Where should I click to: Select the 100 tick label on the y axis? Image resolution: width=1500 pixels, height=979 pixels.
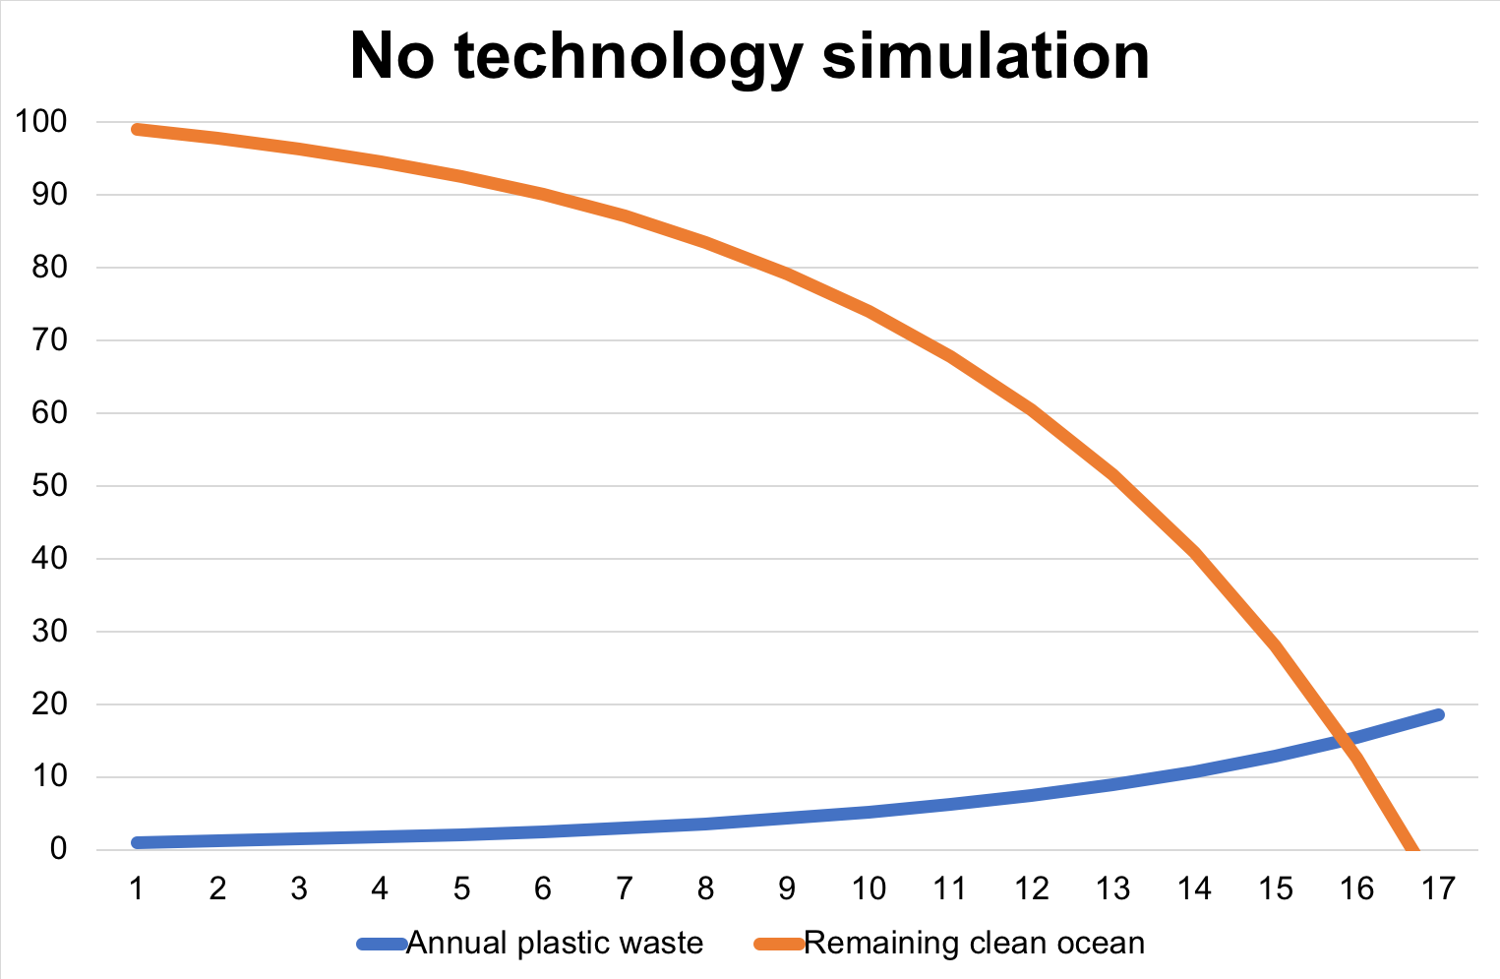point(40,123)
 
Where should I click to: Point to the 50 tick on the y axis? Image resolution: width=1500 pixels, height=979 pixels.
point(48,486)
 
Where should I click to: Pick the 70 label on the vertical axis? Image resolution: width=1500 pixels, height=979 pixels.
point(48,340)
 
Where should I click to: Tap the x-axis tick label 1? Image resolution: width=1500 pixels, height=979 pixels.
point(137,889)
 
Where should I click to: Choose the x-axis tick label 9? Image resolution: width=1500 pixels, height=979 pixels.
point(787,889)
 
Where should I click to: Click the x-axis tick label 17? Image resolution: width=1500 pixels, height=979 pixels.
point(1438,889)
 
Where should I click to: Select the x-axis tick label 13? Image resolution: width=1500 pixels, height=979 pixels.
point(1112,889)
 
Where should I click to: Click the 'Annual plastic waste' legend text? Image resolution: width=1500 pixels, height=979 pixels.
point(555,944)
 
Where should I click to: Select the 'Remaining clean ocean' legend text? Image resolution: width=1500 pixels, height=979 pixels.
point(974,944)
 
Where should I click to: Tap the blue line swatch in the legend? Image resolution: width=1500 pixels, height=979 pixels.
point(382,945)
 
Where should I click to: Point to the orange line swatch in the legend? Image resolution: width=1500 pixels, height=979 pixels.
point(779,945)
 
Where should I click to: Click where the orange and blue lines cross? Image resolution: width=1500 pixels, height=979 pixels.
point(1349,739)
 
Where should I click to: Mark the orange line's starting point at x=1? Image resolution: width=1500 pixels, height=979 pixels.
point(138,129)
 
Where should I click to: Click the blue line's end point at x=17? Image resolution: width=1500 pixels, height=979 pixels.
point(1438,714)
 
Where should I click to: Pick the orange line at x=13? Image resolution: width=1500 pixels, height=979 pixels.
point(1113,475)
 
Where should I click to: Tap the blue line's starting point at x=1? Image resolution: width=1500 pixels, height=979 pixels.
point(138,842)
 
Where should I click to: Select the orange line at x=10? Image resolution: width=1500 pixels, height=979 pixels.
point(870,311)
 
